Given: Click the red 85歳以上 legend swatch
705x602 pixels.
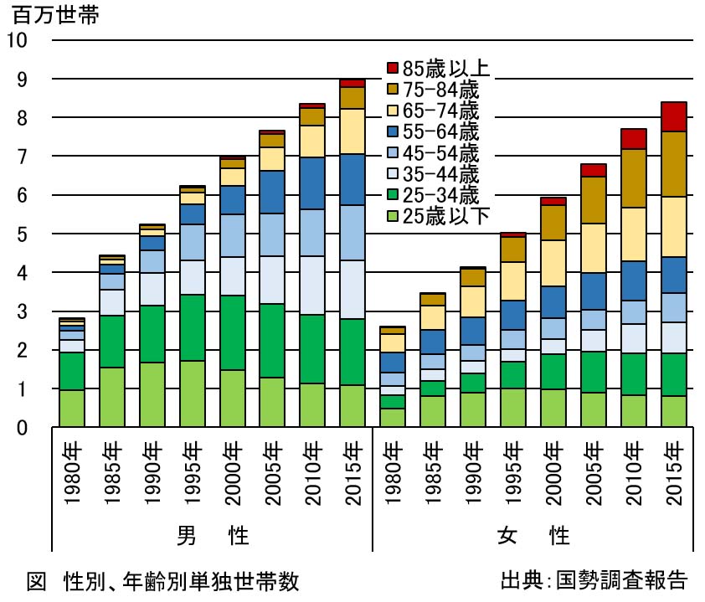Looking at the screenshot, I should [392, 68].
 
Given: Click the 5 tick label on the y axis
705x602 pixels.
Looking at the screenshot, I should [22, 234].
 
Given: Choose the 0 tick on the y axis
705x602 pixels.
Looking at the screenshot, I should [22, 429].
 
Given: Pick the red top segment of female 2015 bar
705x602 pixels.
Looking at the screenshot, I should [673, 116].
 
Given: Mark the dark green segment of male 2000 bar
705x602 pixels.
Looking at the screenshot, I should [234, 332].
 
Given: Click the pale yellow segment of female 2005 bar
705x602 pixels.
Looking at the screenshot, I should [593, 248].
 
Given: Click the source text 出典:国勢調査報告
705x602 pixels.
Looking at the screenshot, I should [593, 579].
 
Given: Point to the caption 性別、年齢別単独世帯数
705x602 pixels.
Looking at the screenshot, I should [180, 579].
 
